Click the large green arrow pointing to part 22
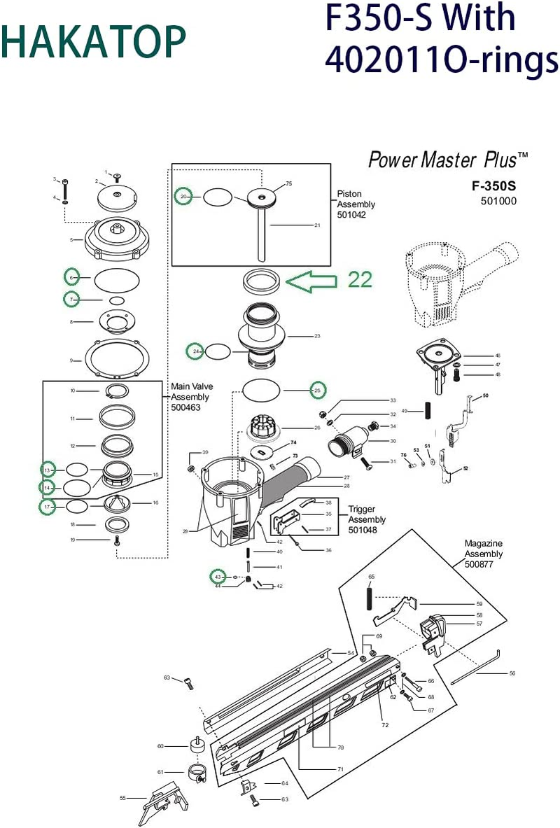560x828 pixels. pos(314,281)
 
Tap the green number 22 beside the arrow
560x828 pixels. pos(360,279)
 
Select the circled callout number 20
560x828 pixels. pos(183,197)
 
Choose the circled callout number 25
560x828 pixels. pos(318,390)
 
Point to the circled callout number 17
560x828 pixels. pos(47,506)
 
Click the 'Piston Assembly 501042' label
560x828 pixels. pos(356,204)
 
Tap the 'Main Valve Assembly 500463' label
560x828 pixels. pos(192,397)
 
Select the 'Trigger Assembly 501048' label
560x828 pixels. pos(367,519)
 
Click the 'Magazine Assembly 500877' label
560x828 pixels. pos(484,554)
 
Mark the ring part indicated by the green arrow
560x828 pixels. pos(262,283)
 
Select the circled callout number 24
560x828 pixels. pos(197,351)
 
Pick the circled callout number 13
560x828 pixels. pos(48,469)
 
